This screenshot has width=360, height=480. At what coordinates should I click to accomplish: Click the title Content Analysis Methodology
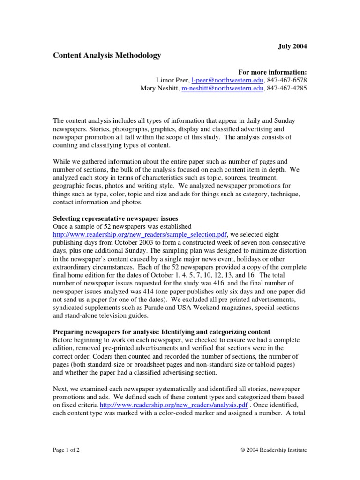tap(107, 55)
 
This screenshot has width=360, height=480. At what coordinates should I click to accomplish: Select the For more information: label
tap(272, 72)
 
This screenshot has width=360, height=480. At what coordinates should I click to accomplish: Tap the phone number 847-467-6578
tap(288, 80)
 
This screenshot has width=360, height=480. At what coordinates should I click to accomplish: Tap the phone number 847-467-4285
tap(288, 89)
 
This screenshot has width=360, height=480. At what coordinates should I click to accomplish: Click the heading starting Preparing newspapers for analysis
tap(161, 332)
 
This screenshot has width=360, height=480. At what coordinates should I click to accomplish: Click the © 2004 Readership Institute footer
tap(273, 450)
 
